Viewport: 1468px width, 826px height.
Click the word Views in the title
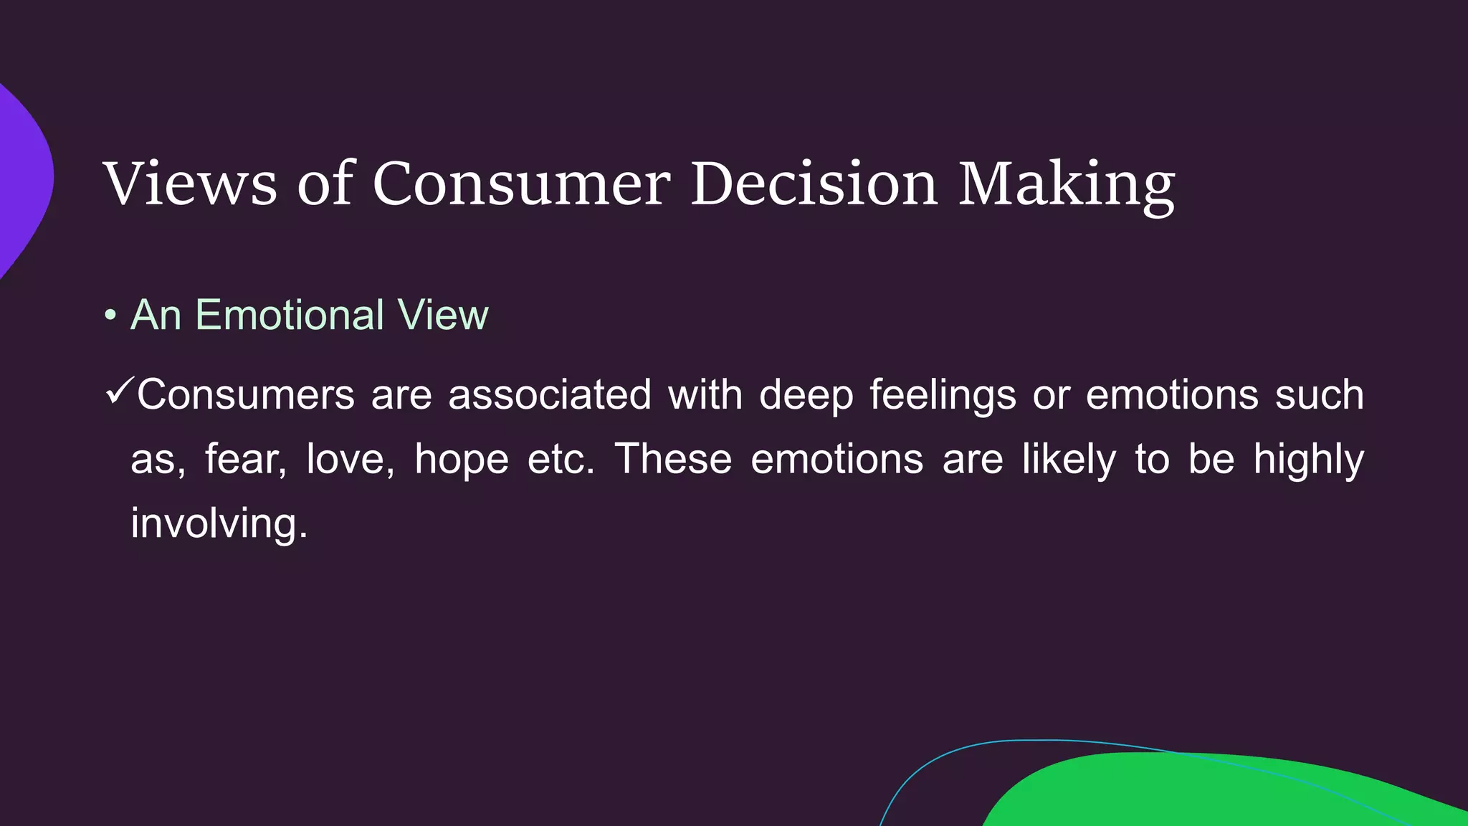190,184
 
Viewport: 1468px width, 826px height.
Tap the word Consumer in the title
521,184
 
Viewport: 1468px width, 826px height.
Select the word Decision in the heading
814,184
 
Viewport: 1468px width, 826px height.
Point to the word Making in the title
1067,184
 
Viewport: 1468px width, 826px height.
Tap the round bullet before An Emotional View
110,315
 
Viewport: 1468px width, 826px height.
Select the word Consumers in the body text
246,395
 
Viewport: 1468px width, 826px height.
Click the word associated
550,395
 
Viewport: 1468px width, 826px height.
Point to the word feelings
943,395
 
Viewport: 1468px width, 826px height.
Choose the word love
350,459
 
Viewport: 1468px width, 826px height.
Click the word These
673,459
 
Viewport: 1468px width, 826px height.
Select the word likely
1069,459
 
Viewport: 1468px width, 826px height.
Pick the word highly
1308,459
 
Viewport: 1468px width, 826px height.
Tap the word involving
219,523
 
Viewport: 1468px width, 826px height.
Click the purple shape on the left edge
22,179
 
